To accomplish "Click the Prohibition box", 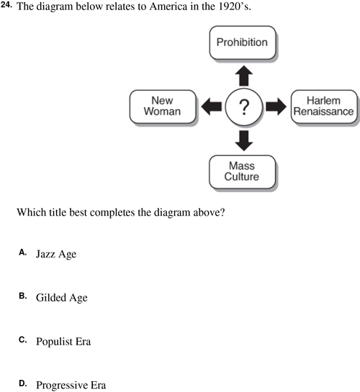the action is pyautogui.click(x=243, y=42).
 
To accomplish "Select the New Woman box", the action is pyautogui.click(x=163, y=106).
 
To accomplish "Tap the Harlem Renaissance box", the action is pyautogui.click(x=324, y=106).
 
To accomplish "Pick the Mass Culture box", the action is pyautogui.click(x=243, y=172).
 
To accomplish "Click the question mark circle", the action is pyautogui.click(x=244, y=106).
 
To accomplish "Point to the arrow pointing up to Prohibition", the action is pyautogui.click(x=244, y=76).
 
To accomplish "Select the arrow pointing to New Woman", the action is pyautogui.click(x=212, y=106).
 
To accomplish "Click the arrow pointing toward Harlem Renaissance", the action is pyautogui.click(x=276, y=106).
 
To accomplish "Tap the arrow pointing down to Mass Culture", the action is pyautogui.click(x=244, y=140).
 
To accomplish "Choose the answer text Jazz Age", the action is pyautogui.click(x=56, y=254).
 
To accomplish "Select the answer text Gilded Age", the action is pyautogui.click(x=62, y=298).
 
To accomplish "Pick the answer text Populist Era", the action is pyautogui.click(x=63, y=342).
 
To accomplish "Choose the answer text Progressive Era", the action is pyautogui.click(x=71, y=385).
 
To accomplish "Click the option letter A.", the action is pyautogui.click(x=22, y=252).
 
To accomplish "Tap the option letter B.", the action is pyautogui.click(x=22, y=296).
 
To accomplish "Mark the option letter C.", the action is pyautogui.click(x=22, y=339).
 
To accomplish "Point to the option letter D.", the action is pyautogui.click(x=22, y=383).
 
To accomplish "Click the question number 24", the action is pyautogui.click(x=6, y=5).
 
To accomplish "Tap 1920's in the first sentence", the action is pyautogui.click(x=235, y=6).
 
